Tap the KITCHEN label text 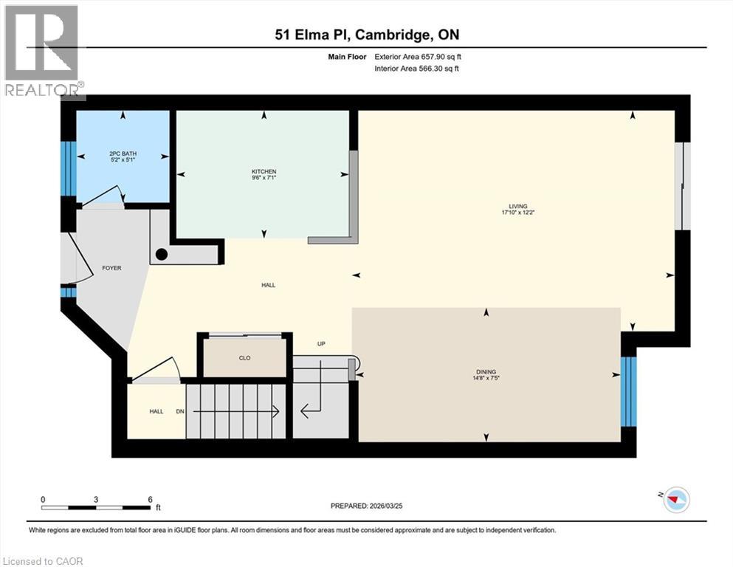[264, 172]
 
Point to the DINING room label [486, 372]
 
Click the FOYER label [111, 268]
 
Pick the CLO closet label [244, 358]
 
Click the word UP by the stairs [321, 344]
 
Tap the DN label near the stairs [179, 412]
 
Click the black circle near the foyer [162, 254]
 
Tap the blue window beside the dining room [628, 392]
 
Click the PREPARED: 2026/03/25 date [367, 506]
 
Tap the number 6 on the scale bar [150, 499]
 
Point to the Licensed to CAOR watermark [43, 561]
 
